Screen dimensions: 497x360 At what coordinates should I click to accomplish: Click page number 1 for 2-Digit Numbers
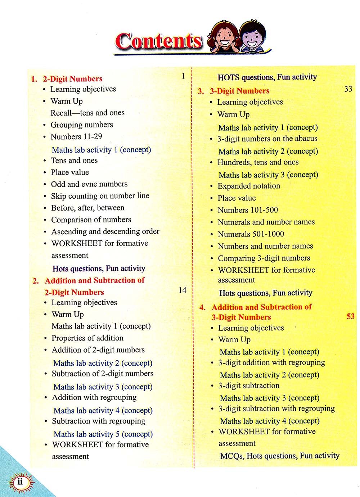click(x=183, y=76)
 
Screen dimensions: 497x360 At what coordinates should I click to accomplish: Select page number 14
click(x=183, y=290)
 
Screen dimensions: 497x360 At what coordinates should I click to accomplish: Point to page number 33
click(x=348, y=89)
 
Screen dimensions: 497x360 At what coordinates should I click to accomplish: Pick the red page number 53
click(x=350, y=316)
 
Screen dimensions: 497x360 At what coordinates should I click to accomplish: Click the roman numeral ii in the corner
click(x=20, y=482)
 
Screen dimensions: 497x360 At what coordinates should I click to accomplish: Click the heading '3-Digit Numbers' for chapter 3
click(x=239, y=91)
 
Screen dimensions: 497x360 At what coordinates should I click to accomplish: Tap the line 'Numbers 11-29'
click(x=76, y=137)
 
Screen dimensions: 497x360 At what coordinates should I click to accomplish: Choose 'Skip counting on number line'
click(x=100, y=196)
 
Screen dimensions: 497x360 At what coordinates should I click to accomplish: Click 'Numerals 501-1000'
click(x=251, y=234)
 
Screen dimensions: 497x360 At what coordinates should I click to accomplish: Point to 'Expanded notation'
click(x=249, y=186)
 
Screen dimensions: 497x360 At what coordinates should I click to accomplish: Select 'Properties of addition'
click(x=87, y=338)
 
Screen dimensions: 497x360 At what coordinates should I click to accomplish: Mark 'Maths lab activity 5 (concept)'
click(x=103, y=434)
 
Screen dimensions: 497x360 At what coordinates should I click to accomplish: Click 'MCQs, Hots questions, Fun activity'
click(x=280, y=456)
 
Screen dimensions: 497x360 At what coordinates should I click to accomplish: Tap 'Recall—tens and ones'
click(x=87, y=113)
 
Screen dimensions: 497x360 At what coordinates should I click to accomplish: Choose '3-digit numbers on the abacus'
click(x=267, y=139)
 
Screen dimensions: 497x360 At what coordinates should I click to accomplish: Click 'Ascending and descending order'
click(x=105, y=231)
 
